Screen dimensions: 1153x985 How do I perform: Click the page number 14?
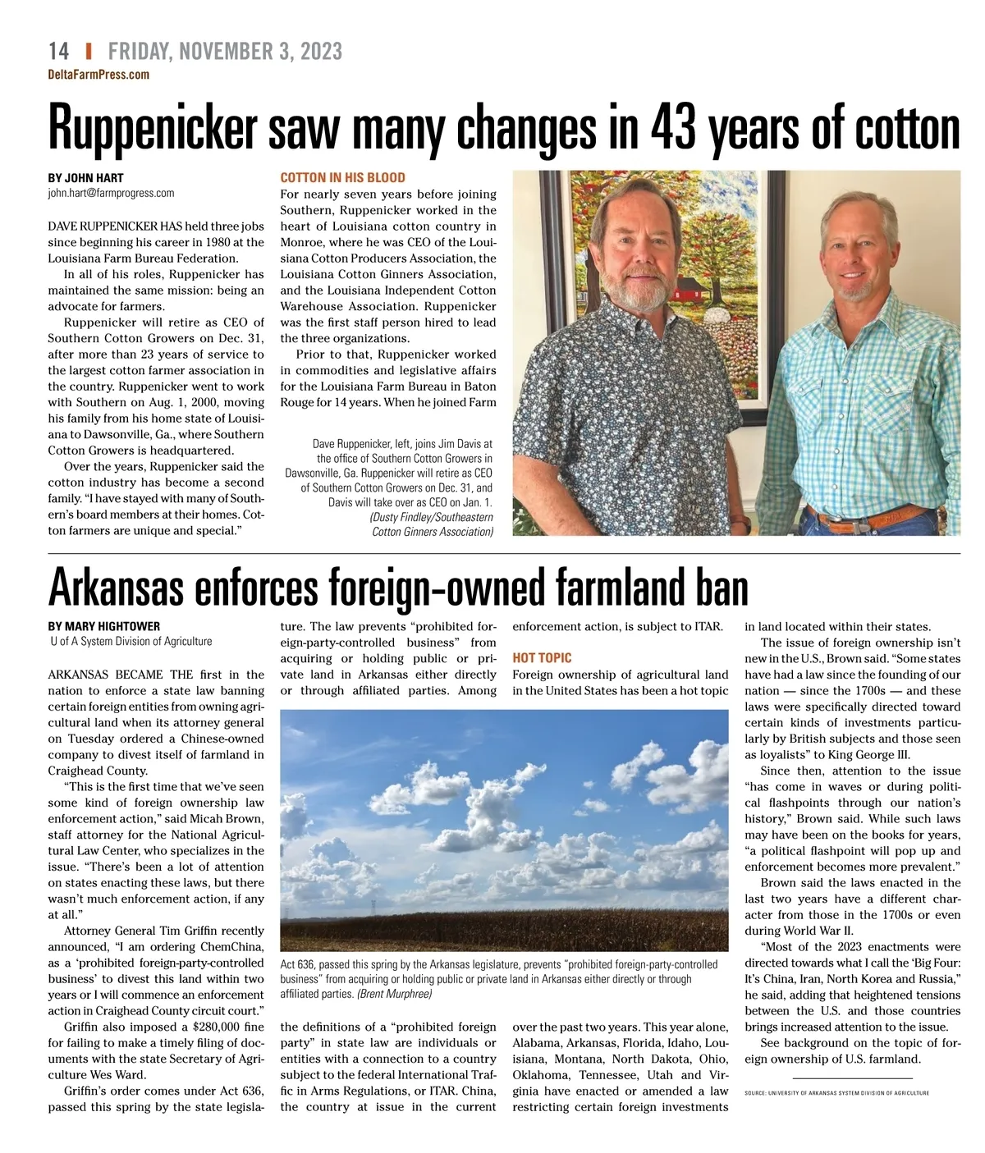(x=58, y=51)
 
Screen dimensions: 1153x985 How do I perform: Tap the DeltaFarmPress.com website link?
(x=98, y=75)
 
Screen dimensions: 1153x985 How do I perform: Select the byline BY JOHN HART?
(x=85, y=178)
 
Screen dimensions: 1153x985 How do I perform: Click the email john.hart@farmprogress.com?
(x=111, y=194)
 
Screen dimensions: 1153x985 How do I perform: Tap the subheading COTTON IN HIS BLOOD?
(x=342, y=178)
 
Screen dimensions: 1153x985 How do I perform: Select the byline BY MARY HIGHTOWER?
(x=103, y=626)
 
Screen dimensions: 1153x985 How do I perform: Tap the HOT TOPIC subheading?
(x=542, y=658)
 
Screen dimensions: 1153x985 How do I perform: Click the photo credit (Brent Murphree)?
(x=395, y=994)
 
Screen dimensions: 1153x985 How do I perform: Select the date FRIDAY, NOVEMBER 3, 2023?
(x=225, y=52)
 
